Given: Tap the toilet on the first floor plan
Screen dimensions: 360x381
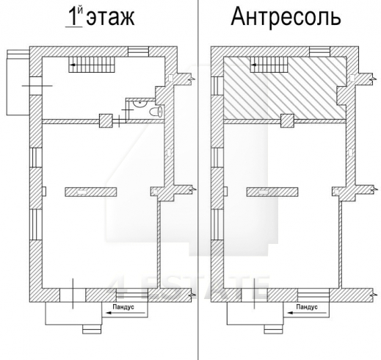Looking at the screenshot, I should [x=155, y=110].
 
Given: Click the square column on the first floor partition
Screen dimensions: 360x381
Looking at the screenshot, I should [x=106, y=119].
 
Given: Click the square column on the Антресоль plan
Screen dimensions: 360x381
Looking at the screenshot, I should [x=288, y=119].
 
